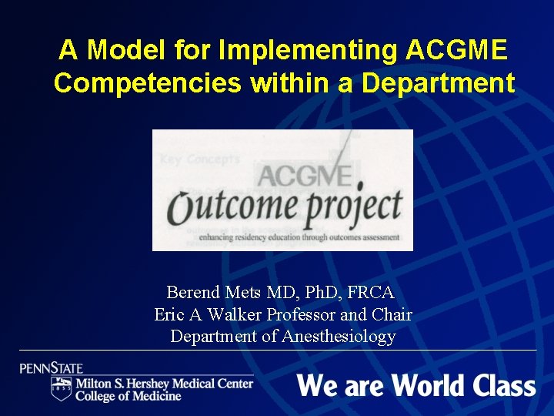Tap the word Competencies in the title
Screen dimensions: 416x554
tap(148, 83)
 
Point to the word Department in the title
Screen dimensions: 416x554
tap(438, 83)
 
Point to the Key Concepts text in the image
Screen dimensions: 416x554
tap(199, 159)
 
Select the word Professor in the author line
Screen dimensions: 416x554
tap(298, 314)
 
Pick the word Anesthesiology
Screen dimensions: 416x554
tap(339, 336)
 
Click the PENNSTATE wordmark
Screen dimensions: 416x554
tap(52, 368)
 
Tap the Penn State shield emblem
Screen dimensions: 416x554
tap(61, 388)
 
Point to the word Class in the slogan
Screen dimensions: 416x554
tap(505, 385)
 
